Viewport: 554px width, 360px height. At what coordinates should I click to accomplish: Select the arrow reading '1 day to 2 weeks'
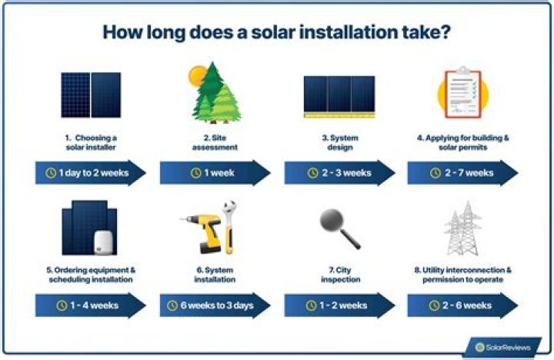click(90, 172)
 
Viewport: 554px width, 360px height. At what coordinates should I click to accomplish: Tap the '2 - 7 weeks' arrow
click(462, 172)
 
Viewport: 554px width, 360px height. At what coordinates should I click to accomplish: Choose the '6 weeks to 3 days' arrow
click(215, 305)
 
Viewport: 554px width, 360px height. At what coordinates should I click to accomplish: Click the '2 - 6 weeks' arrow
click(462, 305)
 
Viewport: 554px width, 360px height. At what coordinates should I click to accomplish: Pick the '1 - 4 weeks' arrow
click(90, 305)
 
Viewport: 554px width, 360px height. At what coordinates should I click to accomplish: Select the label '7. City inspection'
click(339, 275)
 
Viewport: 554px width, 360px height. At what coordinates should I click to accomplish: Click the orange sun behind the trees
click(198, 75)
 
